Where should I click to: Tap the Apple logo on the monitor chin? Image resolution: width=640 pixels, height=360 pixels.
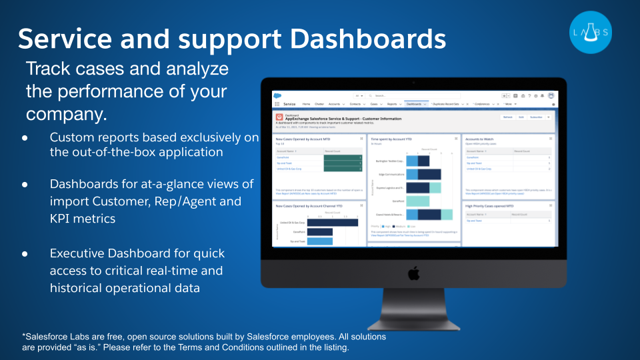(413, 273)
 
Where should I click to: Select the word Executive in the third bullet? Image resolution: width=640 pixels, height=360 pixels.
(79, 253)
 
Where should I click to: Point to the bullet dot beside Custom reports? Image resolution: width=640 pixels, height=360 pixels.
(25, 137)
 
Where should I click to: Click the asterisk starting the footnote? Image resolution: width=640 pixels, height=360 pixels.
(23, 336)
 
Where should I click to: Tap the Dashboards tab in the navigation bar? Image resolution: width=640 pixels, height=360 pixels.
(414, 104)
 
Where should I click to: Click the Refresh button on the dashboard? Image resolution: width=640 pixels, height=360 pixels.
(507, 117)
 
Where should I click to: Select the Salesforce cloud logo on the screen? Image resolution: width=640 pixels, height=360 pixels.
(279, 95)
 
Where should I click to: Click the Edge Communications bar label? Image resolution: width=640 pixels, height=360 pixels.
(392, 174)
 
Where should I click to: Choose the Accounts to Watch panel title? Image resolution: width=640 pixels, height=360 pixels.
(480, 139)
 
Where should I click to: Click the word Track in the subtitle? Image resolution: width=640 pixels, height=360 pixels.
(47, 69)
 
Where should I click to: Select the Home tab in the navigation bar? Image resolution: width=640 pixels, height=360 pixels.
(306, 104)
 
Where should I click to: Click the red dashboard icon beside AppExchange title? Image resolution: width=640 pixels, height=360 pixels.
(279, 117)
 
